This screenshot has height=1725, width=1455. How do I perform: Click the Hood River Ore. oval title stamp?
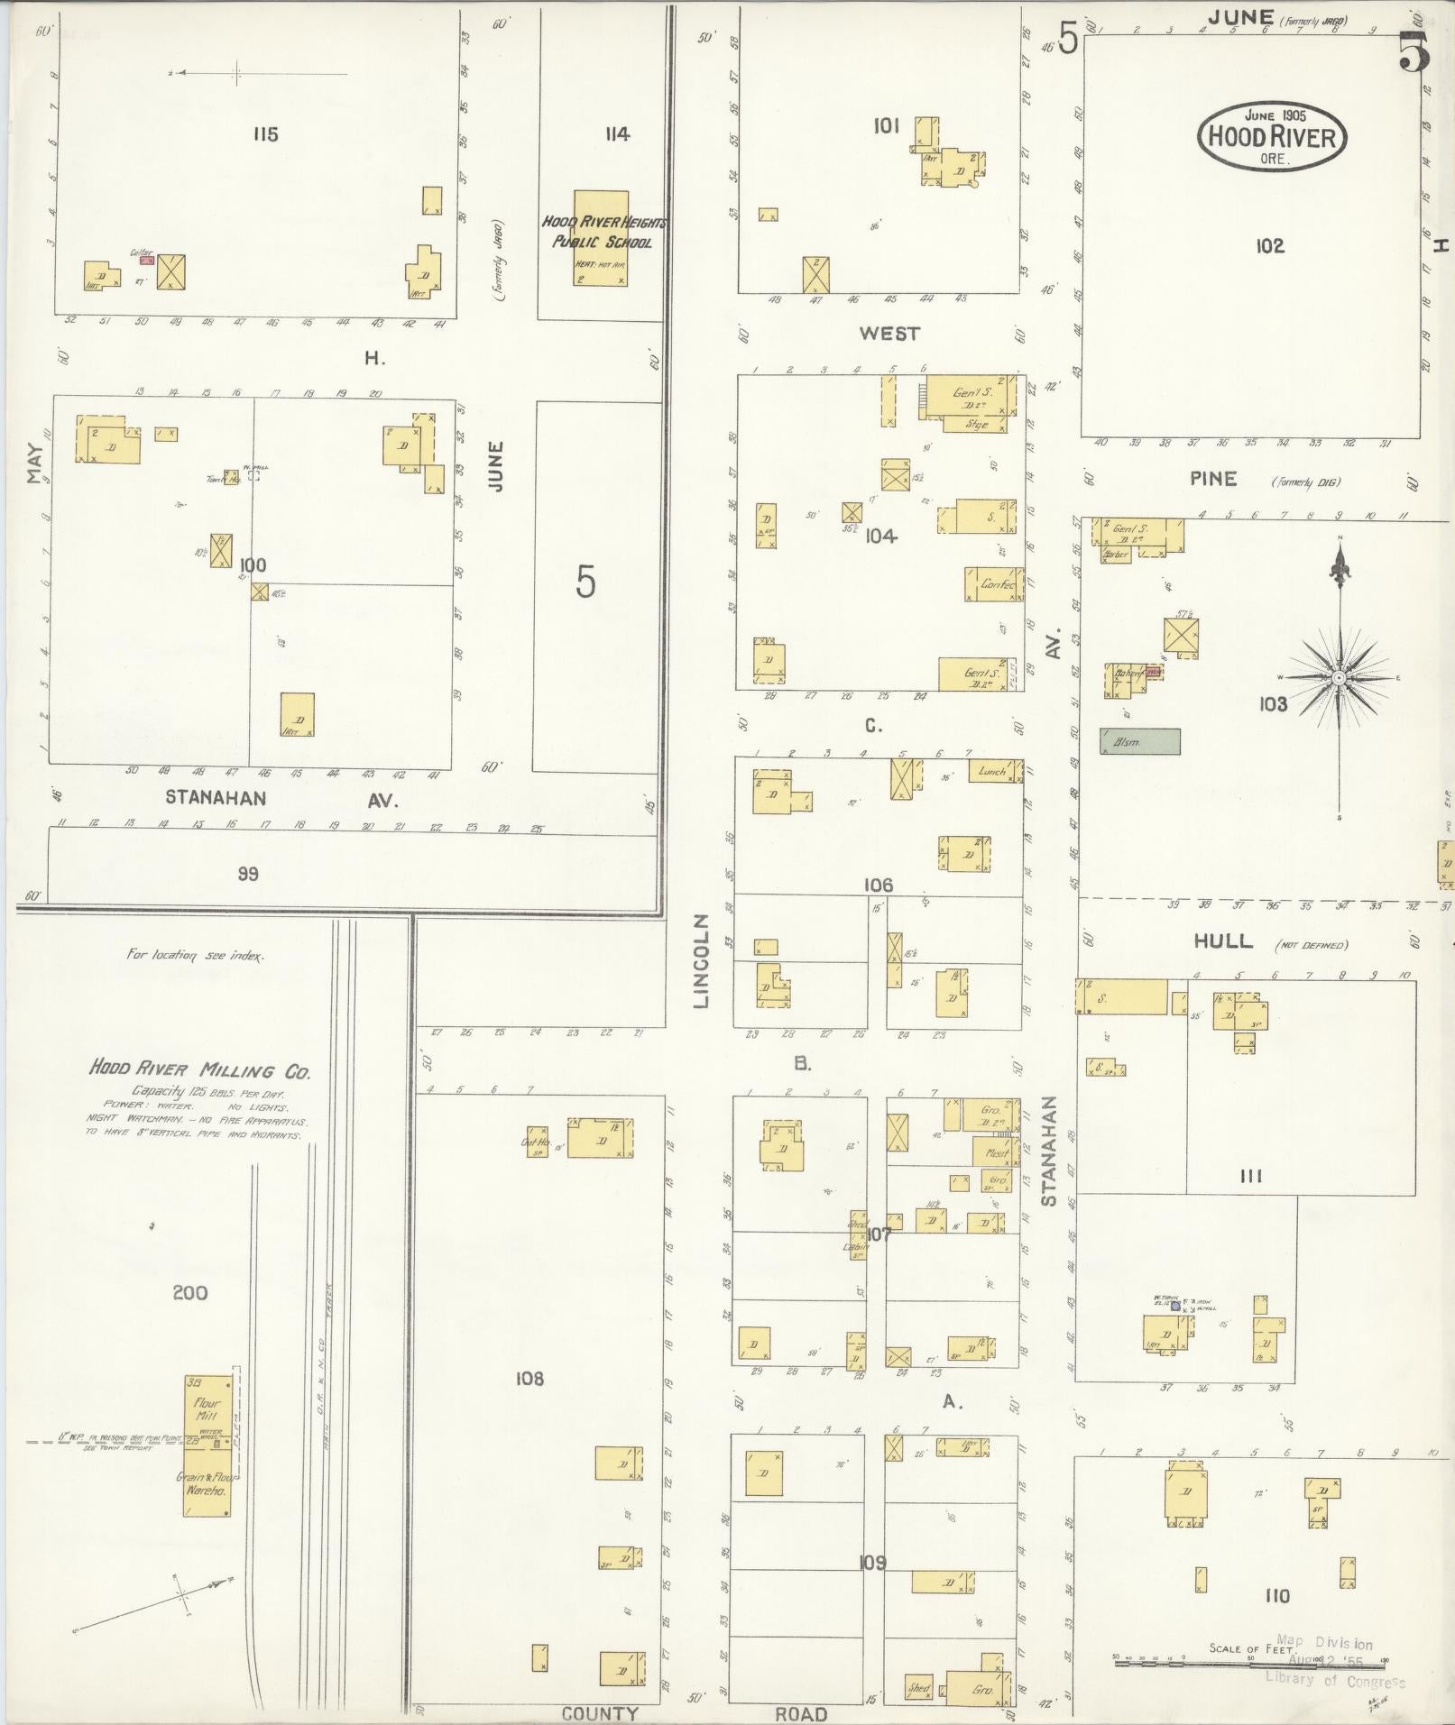1271,134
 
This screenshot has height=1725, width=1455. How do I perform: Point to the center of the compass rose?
1340,677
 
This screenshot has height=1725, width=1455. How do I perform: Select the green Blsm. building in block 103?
1139,741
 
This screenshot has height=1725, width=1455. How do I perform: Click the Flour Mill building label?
207,1409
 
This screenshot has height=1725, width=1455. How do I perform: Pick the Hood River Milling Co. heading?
199,1071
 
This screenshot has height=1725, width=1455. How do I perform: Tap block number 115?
265,134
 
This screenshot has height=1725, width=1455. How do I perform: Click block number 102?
1269,245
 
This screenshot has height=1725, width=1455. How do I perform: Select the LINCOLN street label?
704,961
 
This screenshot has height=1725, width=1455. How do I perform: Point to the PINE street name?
1213,479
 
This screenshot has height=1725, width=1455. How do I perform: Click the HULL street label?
1223,941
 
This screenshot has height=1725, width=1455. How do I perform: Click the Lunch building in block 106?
993,771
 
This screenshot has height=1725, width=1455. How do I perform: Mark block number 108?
530,1378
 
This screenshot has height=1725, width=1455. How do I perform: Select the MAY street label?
35,463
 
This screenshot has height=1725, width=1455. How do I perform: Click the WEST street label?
889,334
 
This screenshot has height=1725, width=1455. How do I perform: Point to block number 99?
248,874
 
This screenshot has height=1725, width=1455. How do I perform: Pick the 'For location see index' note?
196,955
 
